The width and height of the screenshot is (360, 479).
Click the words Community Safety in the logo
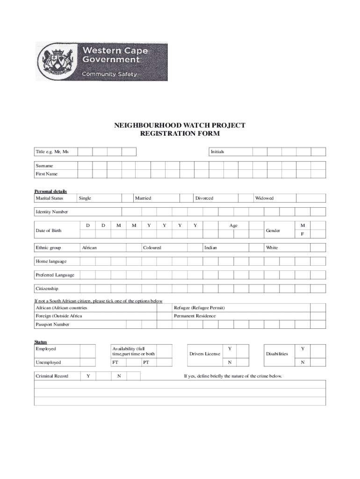(109, 74)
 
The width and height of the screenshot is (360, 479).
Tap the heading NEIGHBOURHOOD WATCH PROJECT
(180, 125)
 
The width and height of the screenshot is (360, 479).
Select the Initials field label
(217, 152)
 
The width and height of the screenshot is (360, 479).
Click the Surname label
(44, 166)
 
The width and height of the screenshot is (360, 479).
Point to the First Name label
(47, 174)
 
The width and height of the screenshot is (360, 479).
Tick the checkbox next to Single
(115, 198)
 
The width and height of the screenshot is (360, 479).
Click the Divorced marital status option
(204, 198)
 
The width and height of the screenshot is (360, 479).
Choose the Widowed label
(264, 198)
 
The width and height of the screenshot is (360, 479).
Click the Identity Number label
(52, 212)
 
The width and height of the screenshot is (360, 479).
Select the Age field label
(233, 225)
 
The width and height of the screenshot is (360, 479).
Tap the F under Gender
(302, 234)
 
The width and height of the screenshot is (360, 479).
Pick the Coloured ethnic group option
(152, 247)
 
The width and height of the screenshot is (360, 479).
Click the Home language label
(51, 261)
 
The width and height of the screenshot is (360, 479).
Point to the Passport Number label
(52, 324)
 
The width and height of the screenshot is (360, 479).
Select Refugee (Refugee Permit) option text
(199, 308)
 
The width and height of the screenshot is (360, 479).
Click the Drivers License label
(204, 354)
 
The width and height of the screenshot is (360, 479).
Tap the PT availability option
(146, 363)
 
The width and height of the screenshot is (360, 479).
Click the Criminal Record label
(52, 376)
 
